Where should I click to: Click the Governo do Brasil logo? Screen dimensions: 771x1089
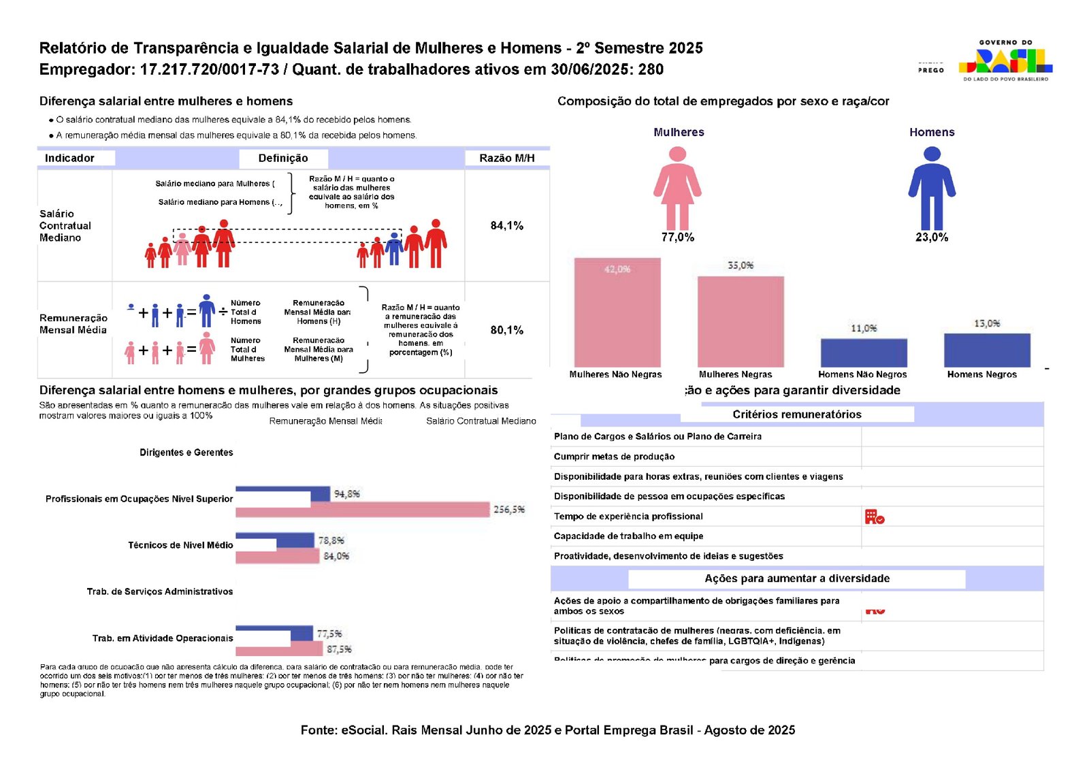tap(1005, 61)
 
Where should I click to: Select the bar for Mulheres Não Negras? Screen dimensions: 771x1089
tap(617, 312)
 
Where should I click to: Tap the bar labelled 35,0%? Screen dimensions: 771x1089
tap(741, 321)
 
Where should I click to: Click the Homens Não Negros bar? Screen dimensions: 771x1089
tap(864, 352)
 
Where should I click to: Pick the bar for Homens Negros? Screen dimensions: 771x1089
tap(987, 350)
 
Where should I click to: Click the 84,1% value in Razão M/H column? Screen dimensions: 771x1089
tap(507, 226)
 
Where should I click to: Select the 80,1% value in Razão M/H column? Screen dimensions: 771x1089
tap(507, 330)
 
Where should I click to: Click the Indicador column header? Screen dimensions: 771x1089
tap(69, 158)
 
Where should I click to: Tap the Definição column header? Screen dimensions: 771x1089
tap(283, 158)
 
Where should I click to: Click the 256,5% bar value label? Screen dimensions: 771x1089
tap(509, 510)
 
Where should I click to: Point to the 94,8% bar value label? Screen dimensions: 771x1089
tap(347, 494)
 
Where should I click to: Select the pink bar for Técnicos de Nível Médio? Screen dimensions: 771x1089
tap(278, 557)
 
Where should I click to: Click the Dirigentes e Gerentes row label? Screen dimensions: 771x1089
tap(186, 453)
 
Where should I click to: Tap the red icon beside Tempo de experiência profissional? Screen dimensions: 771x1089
tap(875, 516)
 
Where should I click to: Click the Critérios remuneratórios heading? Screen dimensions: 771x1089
tap(797, 414)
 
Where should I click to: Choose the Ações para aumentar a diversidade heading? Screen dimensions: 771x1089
tap(797, 578)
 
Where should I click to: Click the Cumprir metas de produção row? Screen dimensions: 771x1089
tap(615, 457)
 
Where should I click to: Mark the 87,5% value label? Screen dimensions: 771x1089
tap(340, 650)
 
